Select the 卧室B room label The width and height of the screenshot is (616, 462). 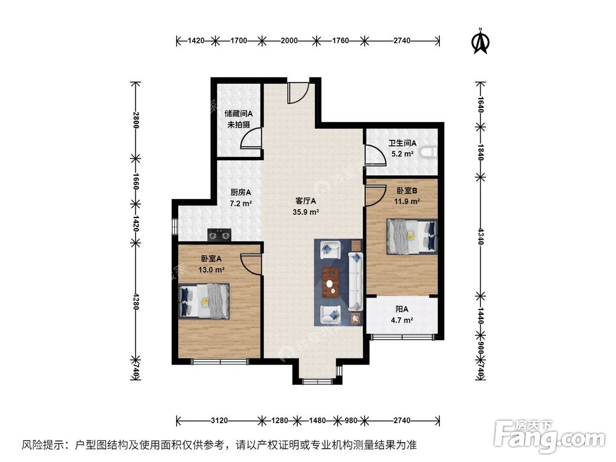(x=407, y=191)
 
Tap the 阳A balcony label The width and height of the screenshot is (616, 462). (x=402, y=309)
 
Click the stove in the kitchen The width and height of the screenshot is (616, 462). (x=219, y=234)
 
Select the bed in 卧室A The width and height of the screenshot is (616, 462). (x=205, y=301)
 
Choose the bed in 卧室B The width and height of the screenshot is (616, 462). (x=412, y=236)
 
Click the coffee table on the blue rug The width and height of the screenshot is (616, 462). (x=333, y=280)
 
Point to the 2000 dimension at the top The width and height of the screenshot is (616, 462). (x=289, y=41)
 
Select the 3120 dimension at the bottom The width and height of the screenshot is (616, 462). (x=219, y=421)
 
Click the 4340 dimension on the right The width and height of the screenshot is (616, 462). (x=480, y=237)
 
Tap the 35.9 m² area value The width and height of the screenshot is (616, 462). (x=306, y=213)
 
